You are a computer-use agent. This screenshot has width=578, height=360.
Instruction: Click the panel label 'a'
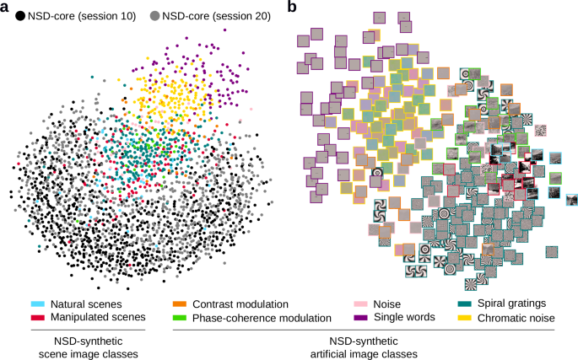[6, 8]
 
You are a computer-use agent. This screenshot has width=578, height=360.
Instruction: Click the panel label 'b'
[293, 8]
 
